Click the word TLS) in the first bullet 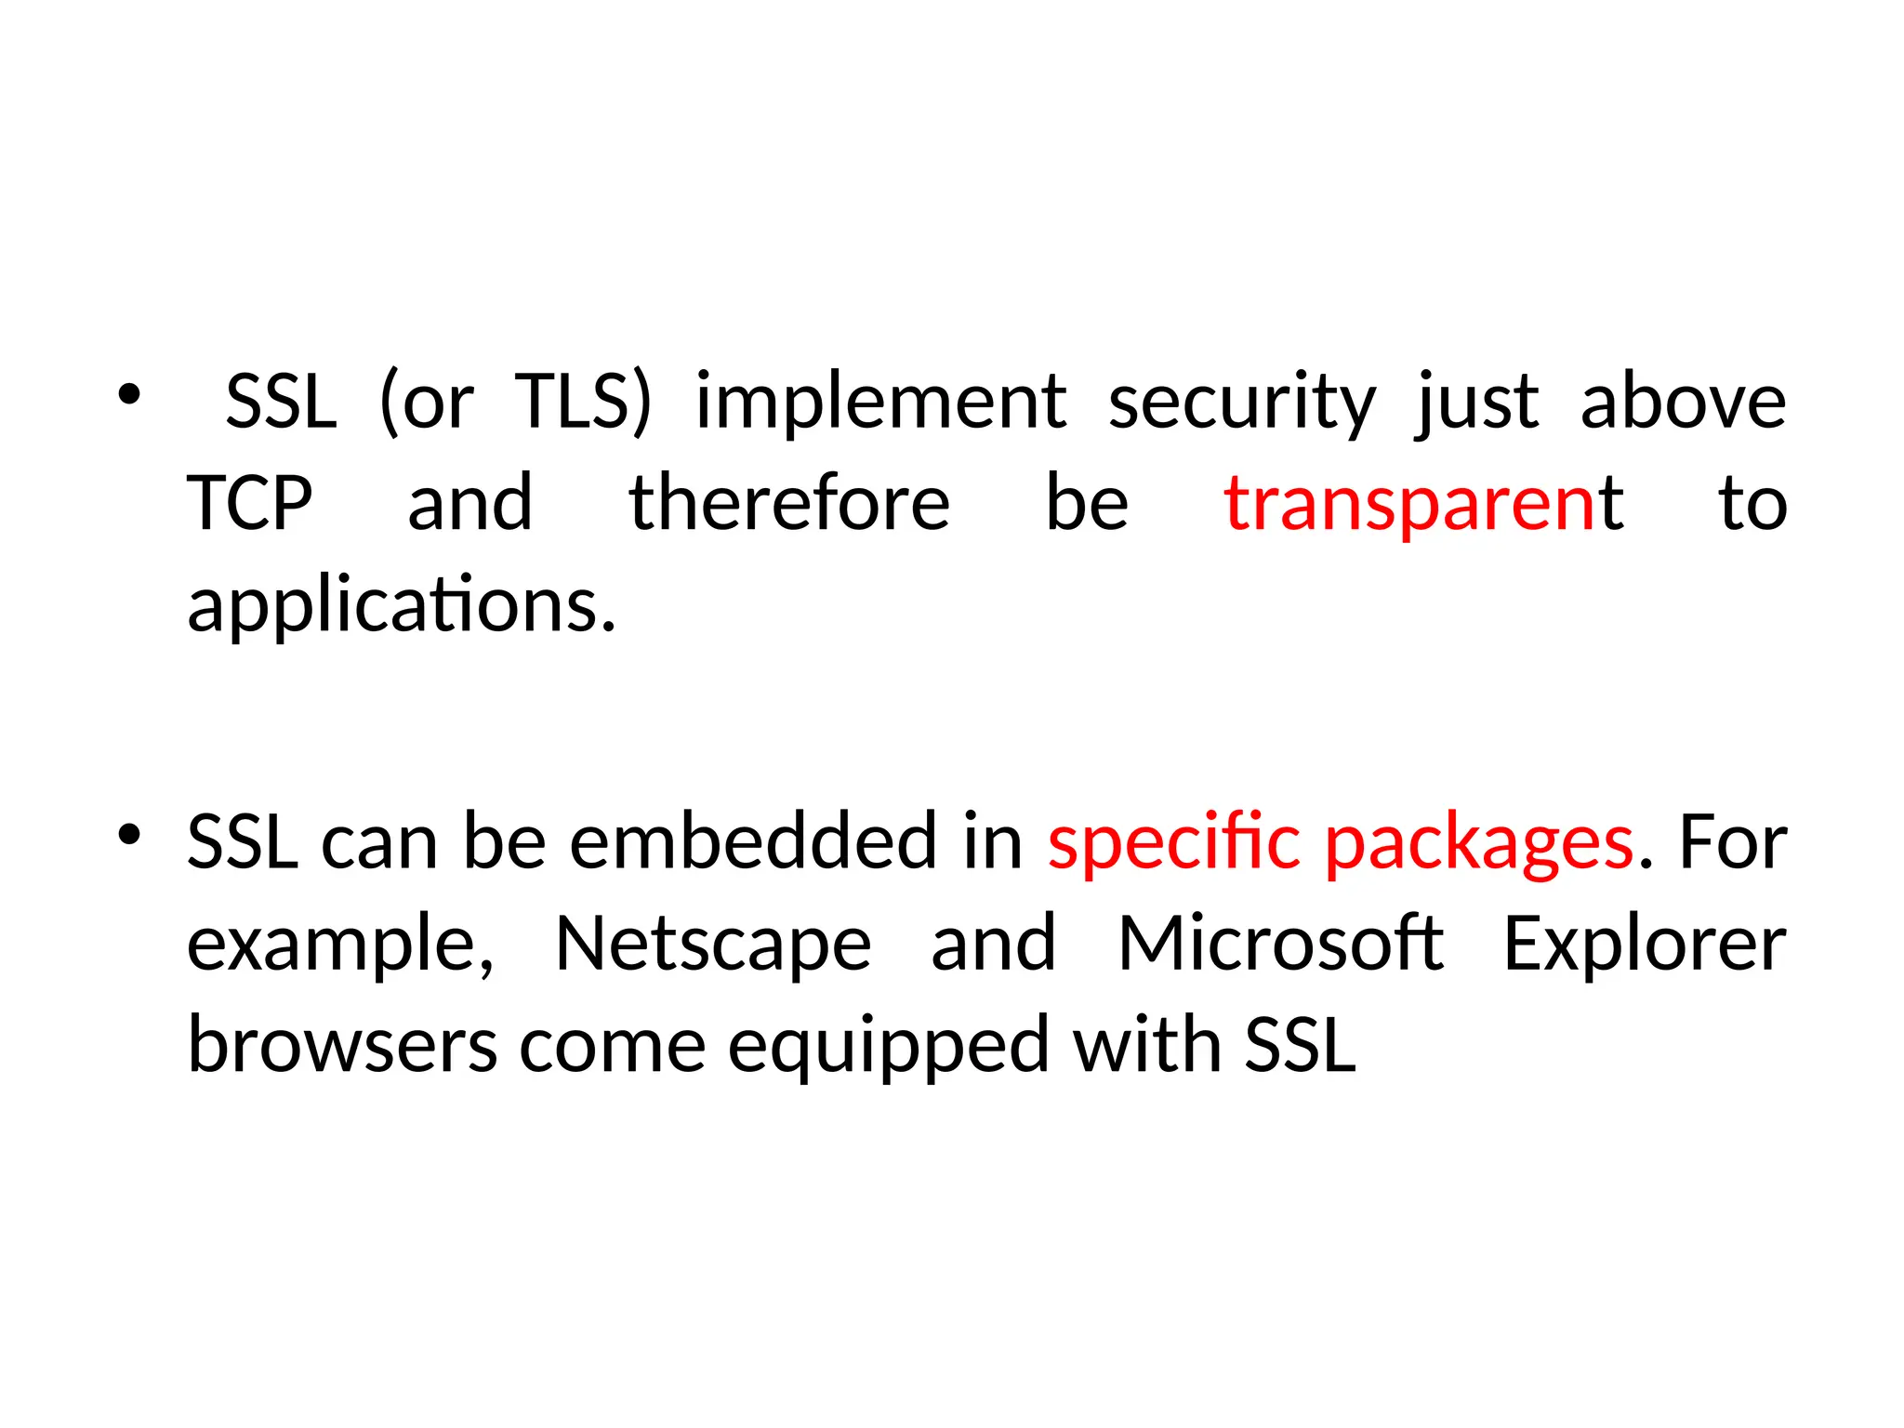[x=583, y=402]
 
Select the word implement [x=880, y=402]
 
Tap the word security [x=1242, y=402]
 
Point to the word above [x=1683, y=402]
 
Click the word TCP [x=249, y=503]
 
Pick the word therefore [x=789, y=503]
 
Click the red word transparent [x=1422, y=503]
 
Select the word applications [x=402, y=605]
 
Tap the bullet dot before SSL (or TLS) [x=129, y=394]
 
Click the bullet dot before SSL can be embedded [x=129, y=834]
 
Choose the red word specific [x=1173, y=843]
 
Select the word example [x=340, y=945]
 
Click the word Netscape [x=713, y=945]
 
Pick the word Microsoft [x=1280, y=943]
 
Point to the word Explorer [x=1645, y=945]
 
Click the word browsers [x=342, y=1045]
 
